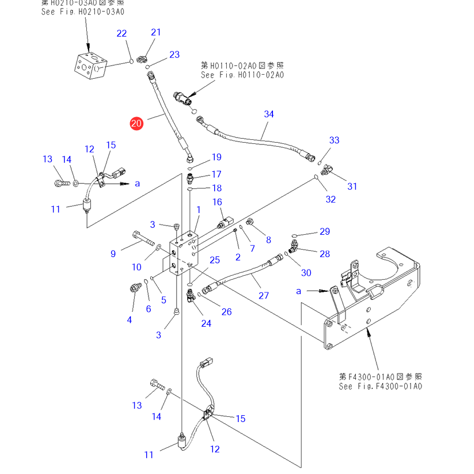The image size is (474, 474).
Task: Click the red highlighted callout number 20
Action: tap(136, 123)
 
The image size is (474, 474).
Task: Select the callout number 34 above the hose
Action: tap(269, 114)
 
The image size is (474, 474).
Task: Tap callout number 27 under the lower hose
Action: tap(264, 296)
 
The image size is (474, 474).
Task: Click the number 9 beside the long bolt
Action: tap(113, 254)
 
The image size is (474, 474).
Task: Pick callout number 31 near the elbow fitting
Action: tap(352, 186)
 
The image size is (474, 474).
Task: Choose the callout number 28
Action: tap(325, 254)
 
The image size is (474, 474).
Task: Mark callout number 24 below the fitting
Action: tap(206, 323)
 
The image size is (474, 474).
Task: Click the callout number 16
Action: tap(218, 202)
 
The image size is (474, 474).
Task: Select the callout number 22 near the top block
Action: tap(122, 34)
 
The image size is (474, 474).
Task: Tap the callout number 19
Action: tap(216, 157)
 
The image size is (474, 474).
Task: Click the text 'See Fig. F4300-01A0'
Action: tap(380, 387)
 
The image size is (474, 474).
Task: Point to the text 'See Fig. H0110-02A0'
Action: tap(242, 75)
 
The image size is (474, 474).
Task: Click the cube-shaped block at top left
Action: tap(90, 67)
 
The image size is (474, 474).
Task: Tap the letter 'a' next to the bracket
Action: tap(299, 291)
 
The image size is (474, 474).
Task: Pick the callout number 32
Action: tap(331, 199)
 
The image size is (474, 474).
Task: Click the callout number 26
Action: tap(227, 311)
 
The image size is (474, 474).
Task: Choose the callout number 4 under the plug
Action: tap(130, 320)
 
